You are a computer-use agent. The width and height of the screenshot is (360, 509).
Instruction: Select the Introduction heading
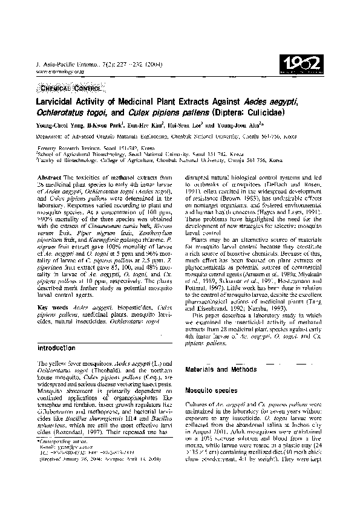pos(59,349)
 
